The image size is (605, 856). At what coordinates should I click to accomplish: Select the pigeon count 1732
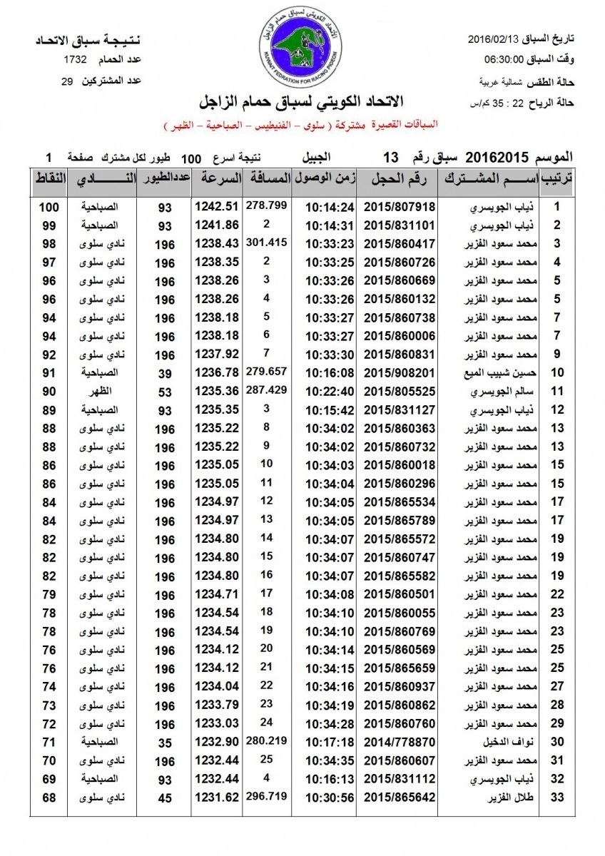tap(76, 59)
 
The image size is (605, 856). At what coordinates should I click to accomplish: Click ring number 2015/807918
tap(400, 208)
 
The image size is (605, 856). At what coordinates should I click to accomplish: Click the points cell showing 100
tap(49, 208)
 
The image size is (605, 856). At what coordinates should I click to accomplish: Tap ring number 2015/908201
tap(400, 372)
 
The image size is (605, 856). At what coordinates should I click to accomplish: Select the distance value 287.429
tap(265, 389)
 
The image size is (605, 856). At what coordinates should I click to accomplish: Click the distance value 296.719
tap(265, 795)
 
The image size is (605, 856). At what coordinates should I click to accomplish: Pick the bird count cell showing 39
tap(166, 372)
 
